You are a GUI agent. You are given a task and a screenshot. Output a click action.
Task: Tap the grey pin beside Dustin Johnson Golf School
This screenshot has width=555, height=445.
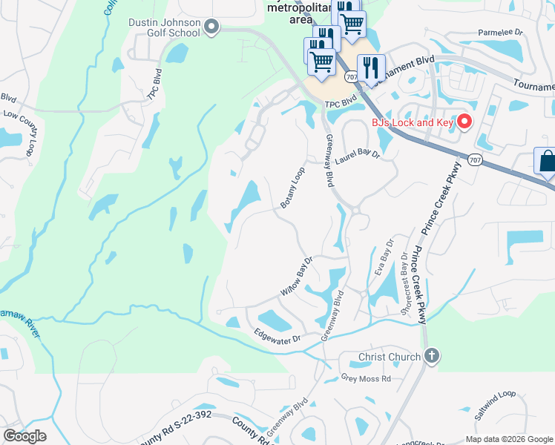click(211, 28)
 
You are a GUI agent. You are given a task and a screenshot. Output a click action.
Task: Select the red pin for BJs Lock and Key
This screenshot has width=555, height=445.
click(465, 122)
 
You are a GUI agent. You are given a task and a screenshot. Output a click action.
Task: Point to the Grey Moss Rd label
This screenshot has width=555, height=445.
click(365, 379)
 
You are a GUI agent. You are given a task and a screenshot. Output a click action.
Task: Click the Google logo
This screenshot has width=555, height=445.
click(24, 435)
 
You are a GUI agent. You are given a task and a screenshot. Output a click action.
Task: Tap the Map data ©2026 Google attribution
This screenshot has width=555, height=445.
click(508, 439)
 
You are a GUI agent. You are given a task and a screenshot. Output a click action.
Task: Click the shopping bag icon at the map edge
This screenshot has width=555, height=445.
click(546, 162)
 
